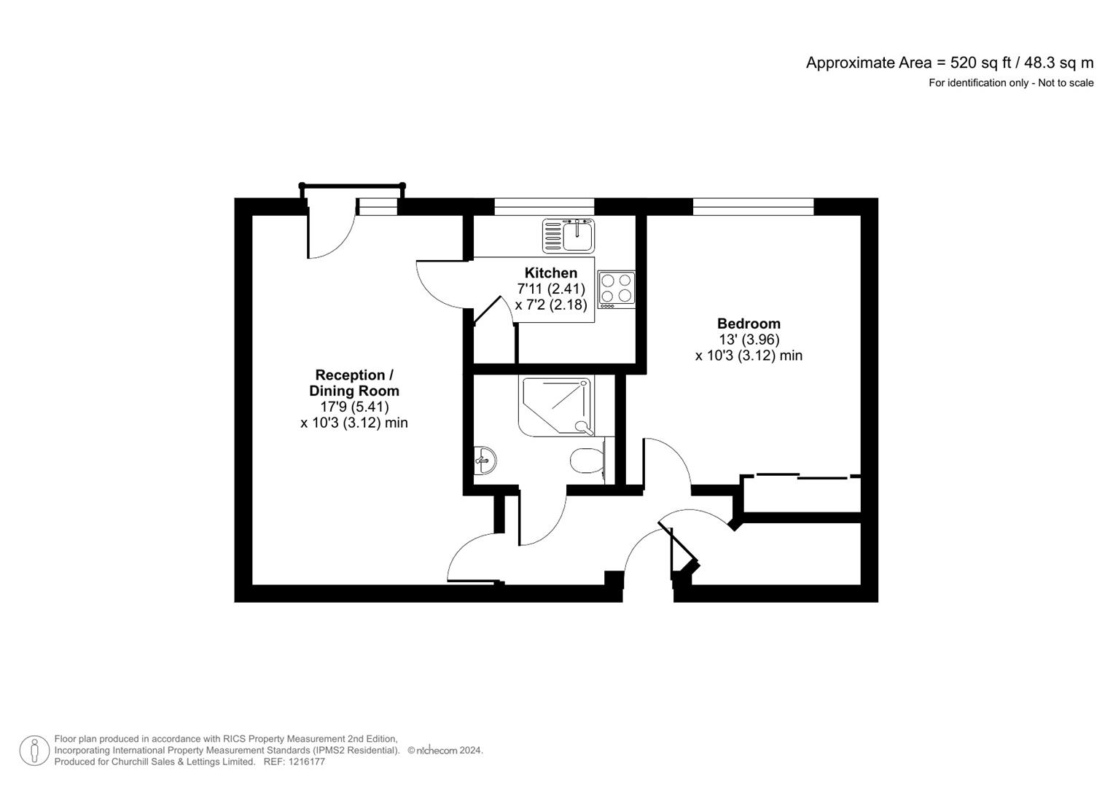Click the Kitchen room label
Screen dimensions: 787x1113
pos(550,273)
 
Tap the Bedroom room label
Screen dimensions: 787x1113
pos(749,324)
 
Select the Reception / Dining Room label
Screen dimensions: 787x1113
pos(354,383)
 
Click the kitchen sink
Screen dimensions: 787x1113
pos(569,235)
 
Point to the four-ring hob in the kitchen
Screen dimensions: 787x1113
pos(616,288)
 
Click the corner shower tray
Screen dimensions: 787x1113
pos(555,405)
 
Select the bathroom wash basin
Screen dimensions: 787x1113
pos(485,460)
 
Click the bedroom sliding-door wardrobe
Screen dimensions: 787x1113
pos(802,495)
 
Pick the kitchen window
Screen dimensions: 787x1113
pos(544,207)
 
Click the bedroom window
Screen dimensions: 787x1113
pos(753,207)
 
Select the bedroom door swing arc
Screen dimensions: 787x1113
pos(667,463)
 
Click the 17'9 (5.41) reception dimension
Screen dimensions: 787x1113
pos(355,407)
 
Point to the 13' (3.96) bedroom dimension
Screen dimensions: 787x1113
pos(749,340)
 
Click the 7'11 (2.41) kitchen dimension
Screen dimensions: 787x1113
pos(551,289)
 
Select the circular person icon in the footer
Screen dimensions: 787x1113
pos(34,751)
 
